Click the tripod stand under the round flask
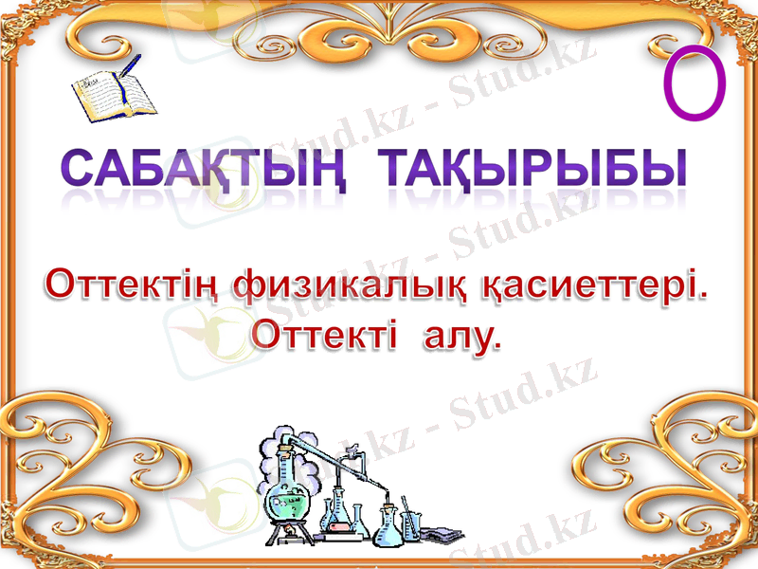pos(284,537)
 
